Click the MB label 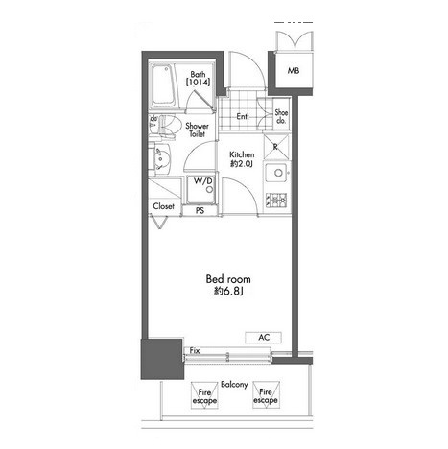point(294,70)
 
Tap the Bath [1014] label point(198,79)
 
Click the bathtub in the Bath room point(163,85)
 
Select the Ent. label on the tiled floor point(243,117)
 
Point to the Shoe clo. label point(281,117)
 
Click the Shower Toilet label point(197,130)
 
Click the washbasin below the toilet point(162,158)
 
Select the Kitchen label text point(242,154)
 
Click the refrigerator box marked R point(276,147)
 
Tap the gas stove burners point(276,201)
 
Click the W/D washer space point(200,190)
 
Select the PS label point(200,211)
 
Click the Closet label point(163,206)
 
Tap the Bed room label point(228,279)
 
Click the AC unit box point(264,338)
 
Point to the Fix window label point(195,351)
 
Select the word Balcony point(234,384)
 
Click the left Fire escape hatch point(204,395)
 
